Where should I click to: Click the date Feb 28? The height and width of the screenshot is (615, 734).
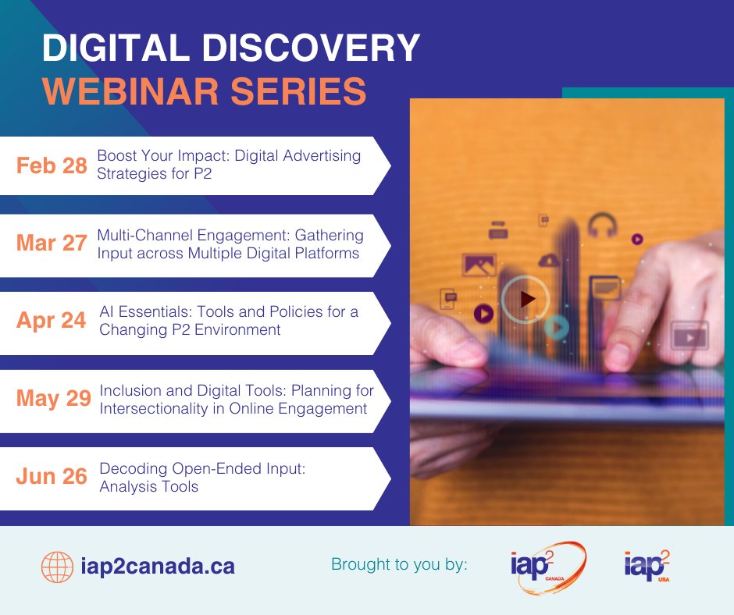[x=52, y=165]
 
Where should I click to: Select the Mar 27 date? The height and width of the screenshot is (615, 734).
[x=52, y=243]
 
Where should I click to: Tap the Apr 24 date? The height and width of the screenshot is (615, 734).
[x=52, y=321]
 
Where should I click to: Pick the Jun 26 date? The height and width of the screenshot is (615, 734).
[x=52, y=476]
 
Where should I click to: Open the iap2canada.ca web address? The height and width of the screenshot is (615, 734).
[x=158, y=566]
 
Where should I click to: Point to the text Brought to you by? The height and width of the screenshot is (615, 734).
[x=400, y=563]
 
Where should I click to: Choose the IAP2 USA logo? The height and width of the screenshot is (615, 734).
[x=647, y=564]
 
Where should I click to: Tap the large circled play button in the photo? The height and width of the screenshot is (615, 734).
[x=526, y=298]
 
